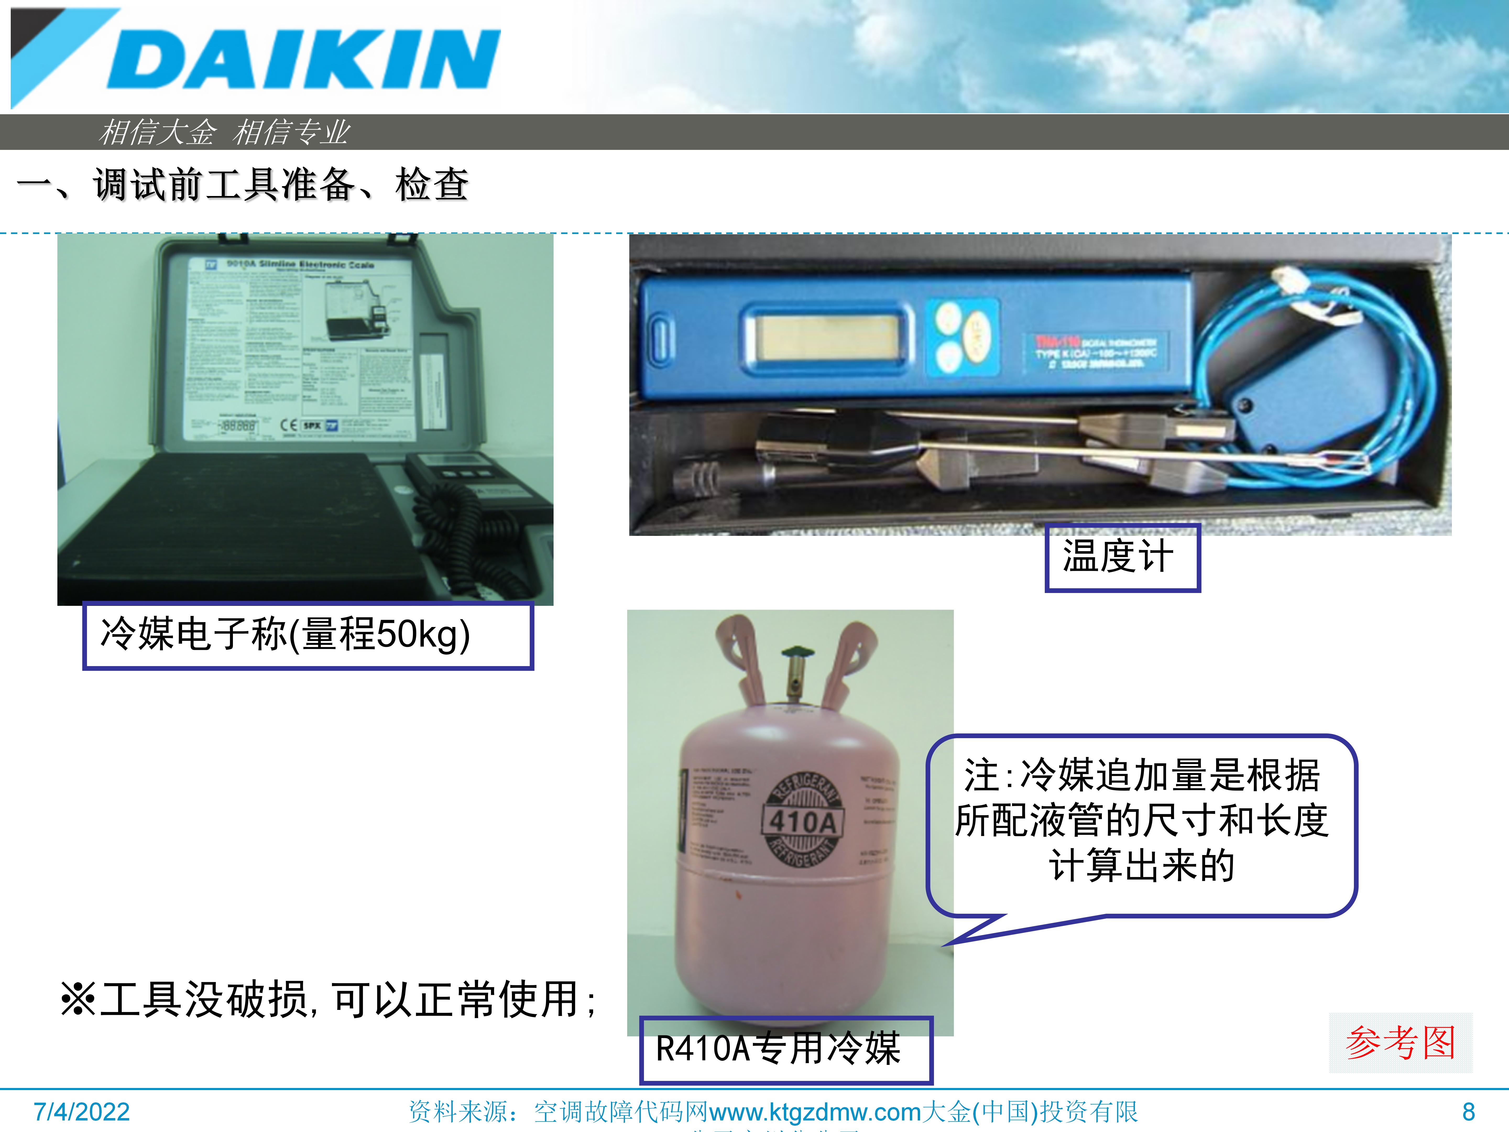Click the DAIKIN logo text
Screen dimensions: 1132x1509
pyautogui.click(x=304, y=60)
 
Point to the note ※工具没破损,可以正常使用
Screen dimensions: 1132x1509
pyautogui.click(x=327, y=1000)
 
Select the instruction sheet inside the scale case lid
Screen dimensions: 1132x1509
pyautogui.click(x=300, y=348)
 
